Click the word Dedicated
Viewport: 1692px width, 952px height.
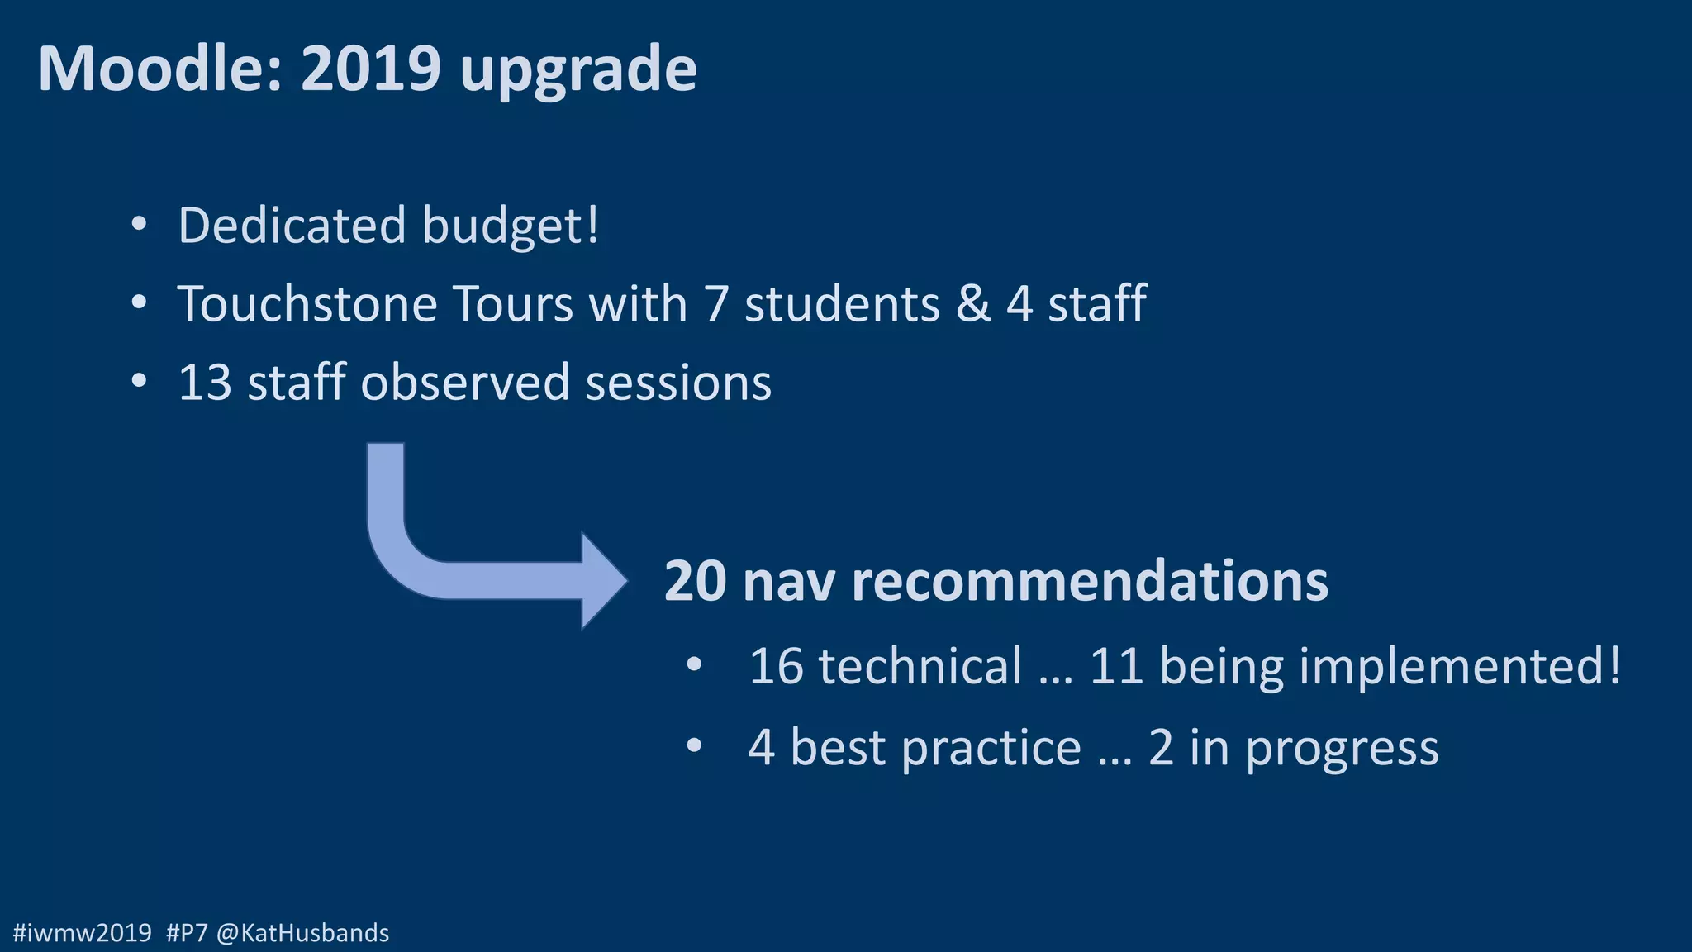(x=292, y=225)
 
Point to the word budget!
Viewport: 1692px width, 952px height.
(x=511, y=226)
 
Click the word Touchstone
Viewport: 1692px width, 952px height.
(x=307, y=303)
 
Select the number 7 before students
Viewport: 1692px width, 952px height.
(x=716, y=303)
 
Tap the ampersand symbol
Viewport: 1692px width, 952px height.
(x=973, y=303)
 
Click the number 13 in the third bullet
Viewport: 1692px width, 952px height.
(x=205, y=382)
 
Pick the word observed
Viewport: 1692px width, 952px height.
(x=465, y=382)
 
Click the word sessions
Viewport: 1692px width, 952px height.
(x=678, y=383)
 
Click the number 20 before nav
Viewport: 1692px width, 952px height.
(x=696, y=581)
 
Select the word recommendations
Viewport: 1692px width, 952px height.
(x=1090, y=581)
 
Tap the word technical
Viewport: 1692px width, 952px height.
(x=920, y=666)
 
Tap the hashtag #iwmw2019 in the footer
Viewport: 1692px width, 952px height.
(x=83, y=933)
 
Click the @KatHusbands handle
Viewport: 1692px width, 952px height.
(x=302, y=933)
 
